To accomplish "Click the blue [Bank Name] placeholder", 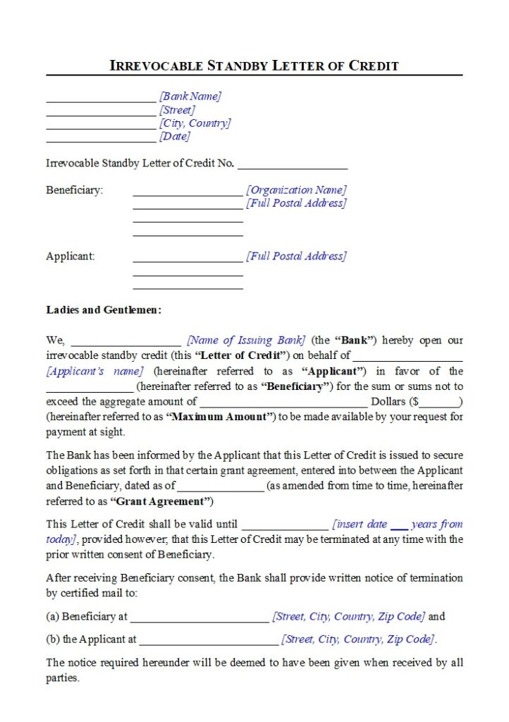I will pyautogui.click(x=190, y=96).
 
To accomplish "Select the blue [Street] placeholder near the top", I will pyautogui.click(x=177, y=109).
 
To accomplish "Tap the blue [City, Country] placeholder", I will pyautogui.click(x=195, y=123).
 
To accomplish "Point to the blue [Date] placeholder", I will pyautogui.click(x=174, y=136).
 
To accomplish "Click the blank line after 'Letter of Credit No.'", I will pyautogui.click(x=293, y=166).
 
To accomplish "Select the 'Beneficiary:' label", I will pyautogui.click(x=74, y=190).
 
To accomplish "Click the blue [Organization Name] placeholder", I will pyautogui.click(x=296, y=190).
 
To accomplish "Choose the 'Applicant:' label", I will pyautogui.click(x=70, y=256).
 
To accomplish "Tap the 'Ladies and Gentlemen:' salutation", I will pyautogui.click(x=104, y=310).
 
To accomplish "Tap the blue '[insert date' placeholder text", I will pyautogui.click(x=360, y=524).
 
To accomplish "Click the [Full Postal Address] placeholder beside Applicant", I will pyautogui.click(x=296, y=256).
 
